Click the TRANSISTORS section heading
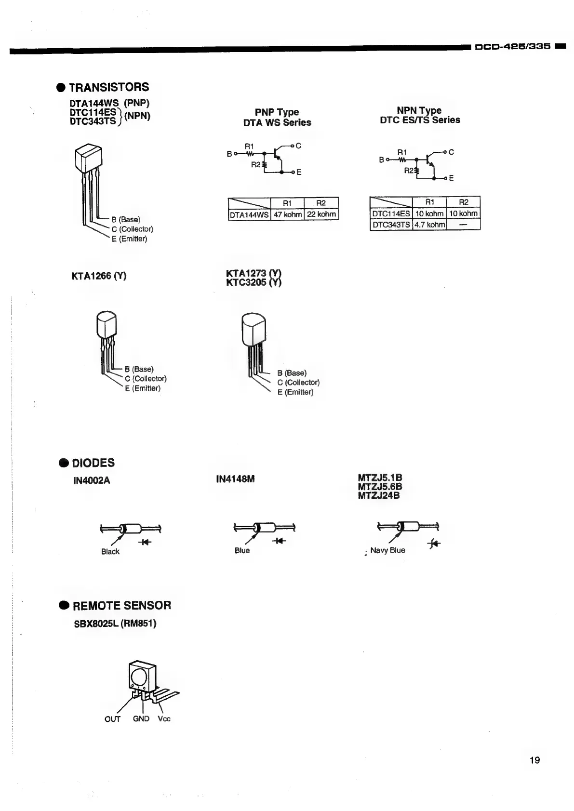point(109,87)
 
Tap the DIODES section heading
point(93,463)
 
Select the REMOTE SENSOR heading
point(122,606)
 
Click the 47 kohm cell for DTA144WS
point(288,214)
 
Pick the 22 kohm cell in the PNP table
point(321,214)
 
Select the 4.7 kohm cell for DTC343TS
point(429,225)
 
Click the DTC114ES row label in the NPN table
point(391,213)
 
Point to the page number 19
point(534,760)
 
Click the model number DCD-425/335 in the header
point(512,46)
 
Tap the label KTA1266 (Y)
point(99,276)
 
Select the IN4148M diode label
point(235,479)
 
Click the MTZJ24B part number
point(378,495)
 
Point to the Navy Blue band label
point(387,550)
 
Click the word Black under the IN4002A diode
point(110,552)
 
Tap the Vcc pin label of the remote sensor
point(164,719)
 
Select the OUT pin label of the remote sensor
point(112,719)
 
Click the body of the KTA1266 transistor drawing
point(107,325)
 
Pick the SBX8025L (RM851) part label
point(115,624)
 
